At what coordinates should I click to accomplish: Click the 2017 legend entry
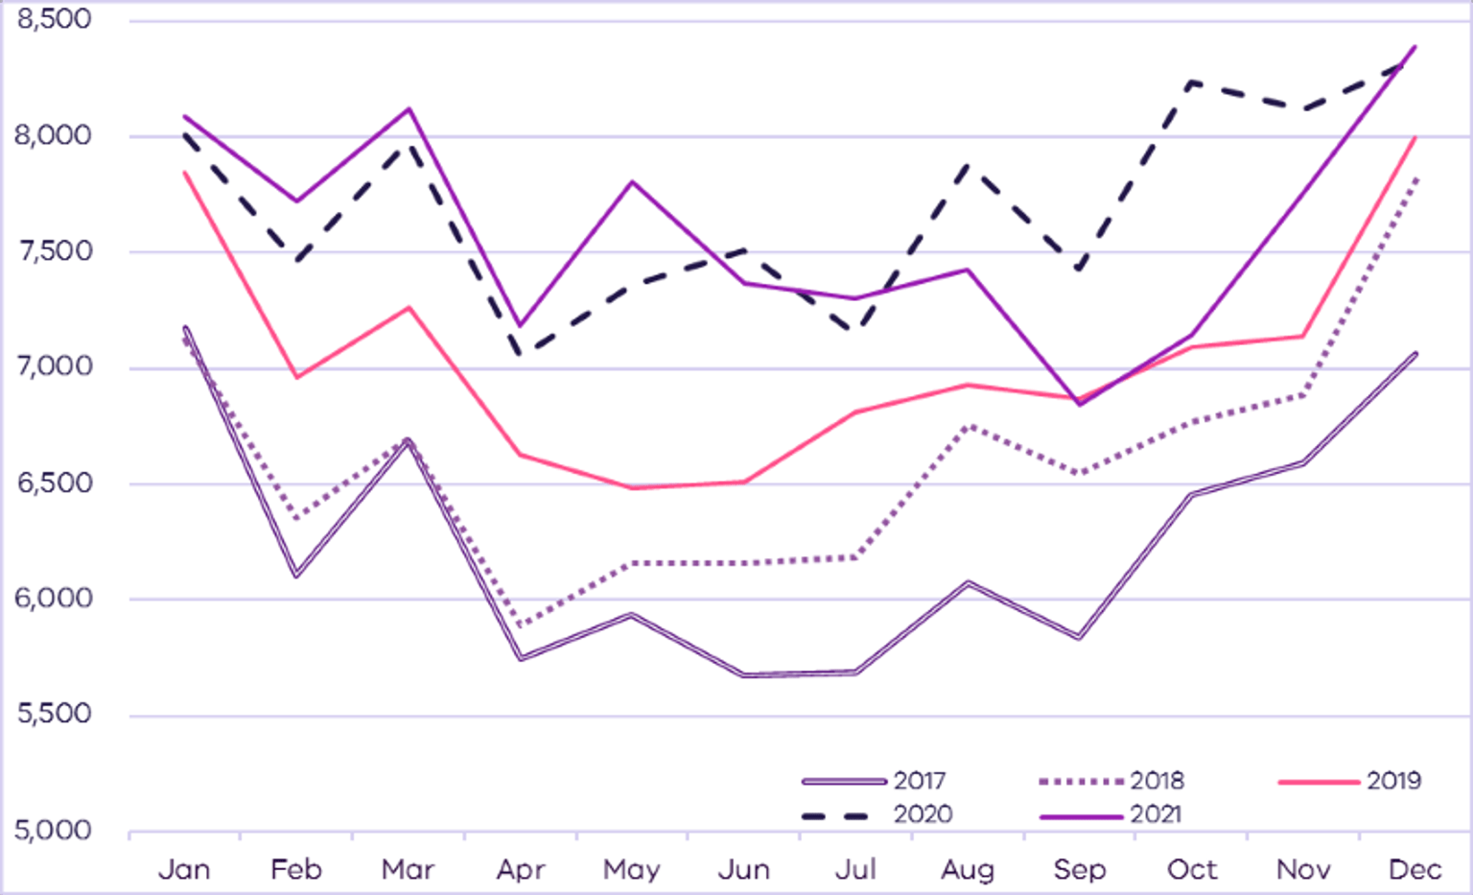point(875,781)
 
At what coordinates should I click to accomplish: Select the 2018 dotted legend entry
point(1112,781)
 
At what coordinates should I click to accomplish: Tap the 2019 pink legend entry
point(1350,781)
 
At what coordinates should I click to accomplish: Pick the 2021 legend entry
point(1112,814)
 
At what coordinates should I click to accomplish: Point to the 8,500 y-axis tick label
point(54,19)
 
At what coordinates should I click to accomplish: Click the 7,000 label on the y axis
point(54,366)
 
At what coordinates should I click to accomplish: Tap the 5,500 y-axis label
point(54,714)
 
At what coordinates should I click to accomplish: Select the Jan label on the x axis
point(184,869)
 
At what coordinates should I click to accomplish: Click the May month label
point(631,869)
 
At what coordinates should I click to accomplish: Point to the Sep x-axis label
point(1080,869)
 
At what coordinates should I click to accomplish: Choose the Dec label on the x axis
point(1415,869)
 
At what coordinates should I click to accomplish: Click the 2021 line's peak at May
point(632,181)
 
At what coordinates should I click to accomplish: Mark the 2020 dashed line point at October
point(1192,82)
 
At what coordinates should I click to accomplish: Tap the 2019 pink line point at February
point(296,377)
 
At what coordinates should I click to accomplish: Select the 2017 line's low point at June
point(744,675)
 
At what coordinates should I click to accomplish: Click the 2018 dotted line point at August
point(969,425)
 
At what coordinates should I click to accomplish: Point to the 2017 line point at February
point(296,576)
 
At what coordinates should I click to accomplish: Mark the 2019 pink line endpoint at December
point(1415,137)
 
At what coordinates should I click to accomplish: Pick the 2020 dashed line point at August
point(969,166)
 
